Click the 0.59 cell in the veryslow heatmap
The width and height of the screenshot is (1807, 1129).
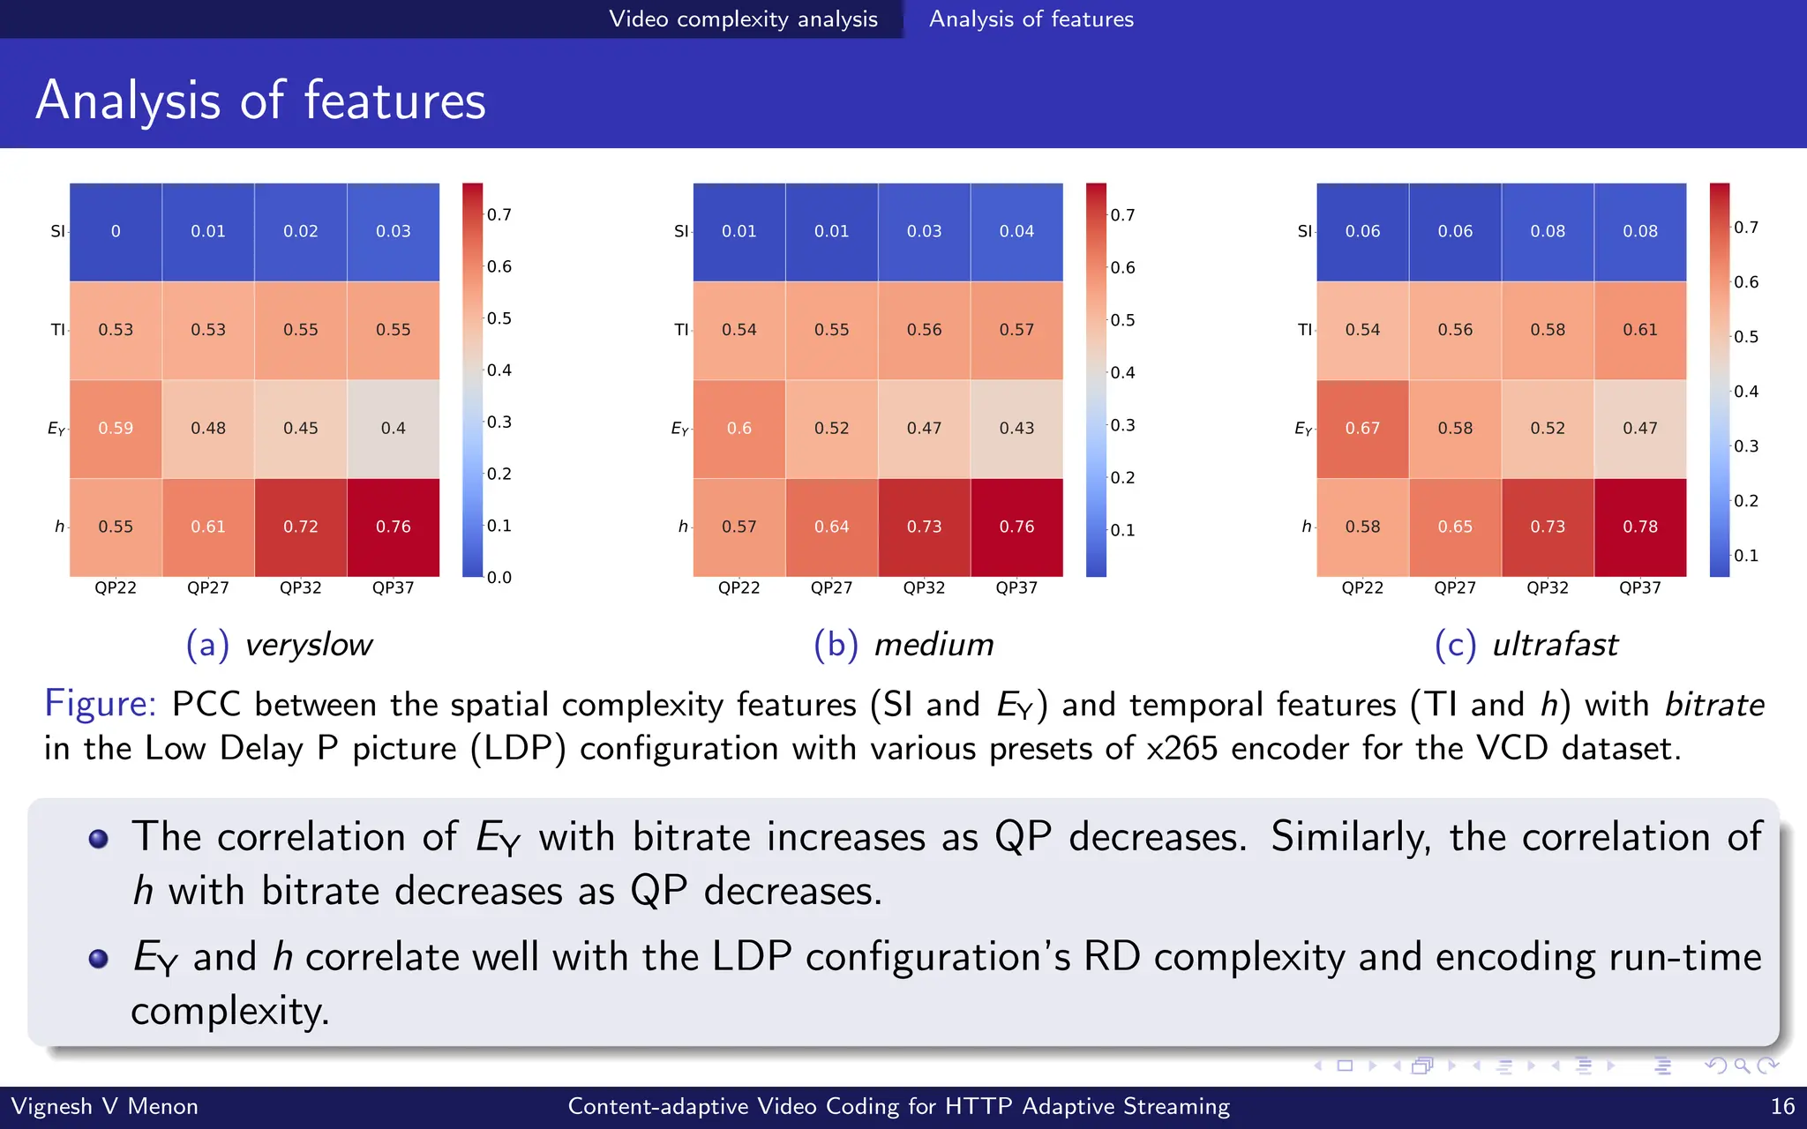[116, 429]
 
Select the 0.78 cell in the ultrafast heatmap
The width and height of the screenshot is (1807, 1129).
[1639, 527]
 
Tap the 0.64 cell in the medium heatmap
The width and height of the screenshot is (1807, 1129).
[831, 527]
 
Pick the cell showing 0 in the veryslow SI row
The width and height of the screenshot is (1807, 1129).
[116, 232]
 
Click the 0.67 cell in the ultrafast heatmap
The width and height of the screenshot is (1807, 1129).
[1362, 429]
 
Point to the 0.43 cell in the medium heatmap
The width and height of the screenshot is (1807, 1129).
[1016, 429]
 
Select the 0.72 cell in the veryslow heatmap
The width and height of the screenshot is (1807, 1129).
[301, 527]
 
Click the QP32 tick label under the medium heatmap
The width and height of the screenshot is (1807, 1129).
[924, 588]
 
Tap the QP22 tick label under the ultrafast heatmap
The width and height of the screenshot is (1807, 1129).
[1362, 588]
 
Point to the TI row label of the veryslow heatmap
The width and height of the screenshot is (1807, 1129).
[57, 330]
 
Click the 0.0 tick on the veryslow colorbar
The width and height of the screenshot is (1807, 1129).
[499, 578]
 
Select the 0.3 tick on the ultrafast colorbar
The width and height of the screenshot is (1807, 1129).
[1745, 446]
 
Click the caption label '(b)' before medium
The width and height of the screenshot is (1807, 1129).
[835, 645]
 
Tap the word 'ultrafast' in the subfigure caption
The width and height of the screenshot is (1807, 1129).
[1555, 645]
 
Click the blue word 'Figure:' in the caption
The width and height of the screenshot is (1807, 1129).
[101, 704]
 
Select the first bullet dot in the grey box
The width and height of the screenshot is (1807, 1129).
[99, 838]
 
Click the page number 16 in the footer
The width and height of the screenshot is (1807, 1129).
[1782, 1107]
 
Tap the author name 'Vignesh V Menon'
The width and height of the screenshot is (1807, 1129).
[104, 1107]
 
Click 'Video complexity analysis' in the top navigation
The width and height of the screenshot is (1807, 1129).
[743, 19]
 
